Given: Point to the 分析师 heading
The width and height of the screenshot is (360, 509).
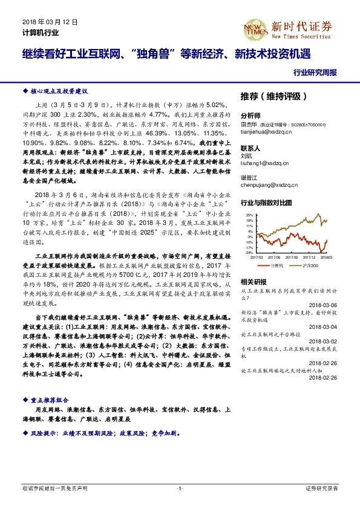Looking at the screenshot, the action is (250, 115).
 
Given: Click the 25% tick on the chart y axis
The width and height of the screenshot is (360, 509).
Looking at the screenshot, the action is (249, 215).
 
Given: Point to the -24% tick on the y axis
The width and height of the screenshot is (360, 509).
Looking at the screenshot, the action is (249, 253).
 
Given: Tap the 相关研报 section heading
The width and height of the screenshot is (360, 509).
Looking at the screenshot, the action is (253, 282).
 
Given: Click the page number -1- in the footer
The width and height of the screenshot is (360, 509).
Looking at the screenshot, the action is (180, 488).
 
